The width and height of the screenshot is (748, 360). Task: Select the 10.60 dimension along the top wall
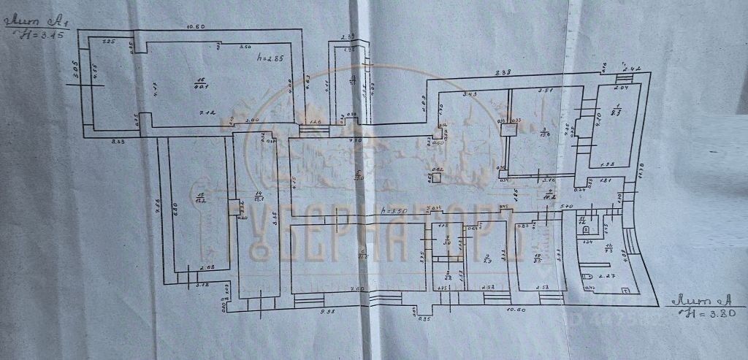[x=194, y=27]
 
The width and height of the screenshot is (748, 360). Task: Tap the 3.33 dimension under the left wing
[x=117, y=139]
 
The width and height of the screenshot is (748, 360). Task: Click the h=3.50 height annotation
[x=394, y=210]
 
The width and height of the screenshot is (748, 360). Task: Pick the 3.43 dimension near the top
[x=470, y=94]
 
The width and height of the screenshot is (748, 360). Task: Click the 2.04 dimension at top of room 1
[x=620, y=88]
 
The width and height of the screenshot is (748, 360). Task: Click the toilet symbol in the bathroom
[x=587, y=277]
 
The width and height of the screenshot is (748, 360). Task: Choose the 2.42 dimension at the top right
[x=633, y=69]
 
